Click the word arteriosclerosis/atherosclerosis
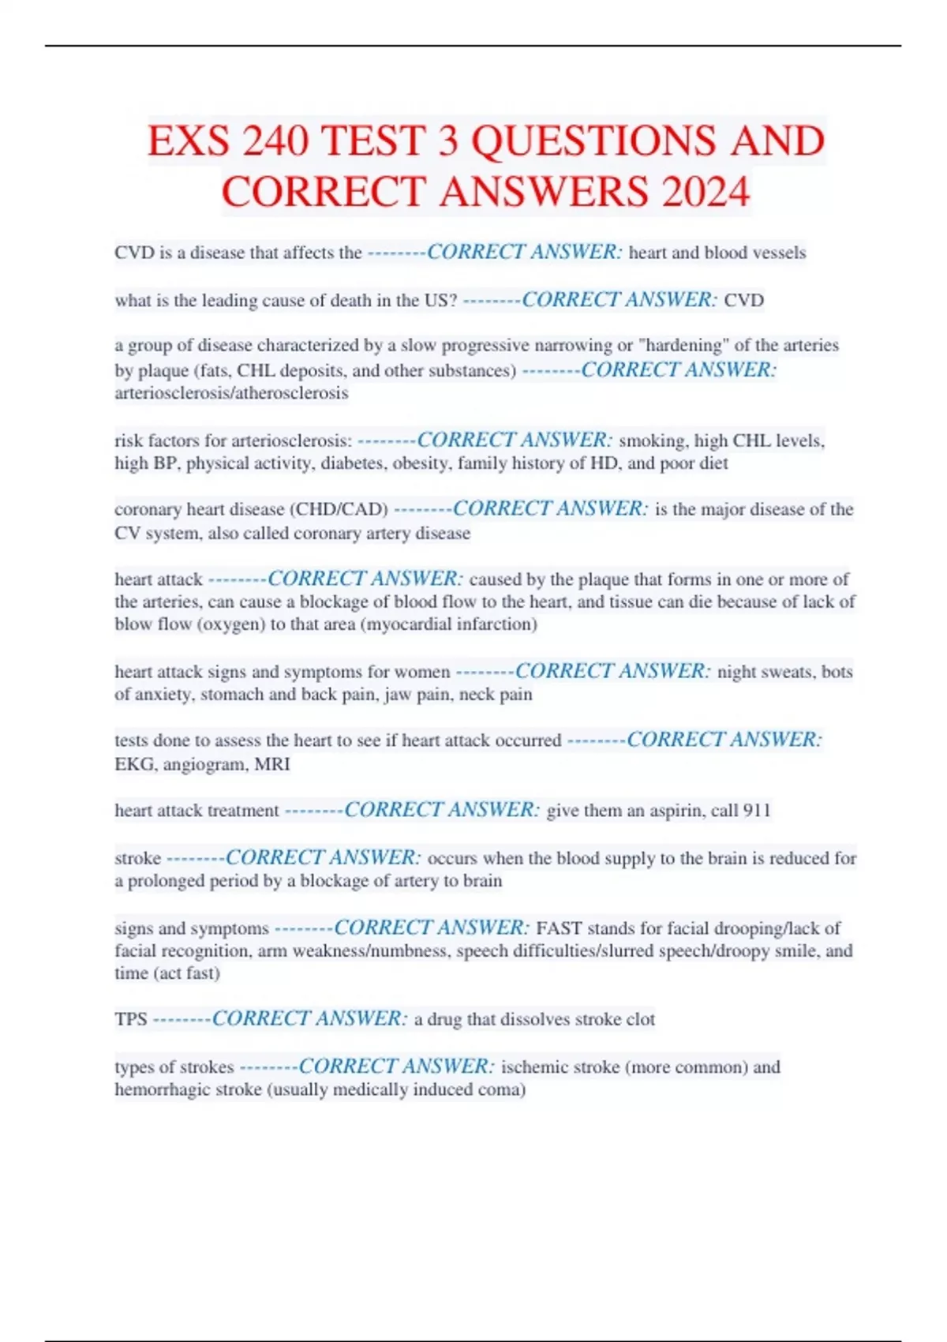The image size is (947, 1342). (231, 393)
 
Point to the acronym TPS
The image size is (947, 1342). (131, 1019)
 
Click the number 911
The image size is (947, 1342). (756, 811)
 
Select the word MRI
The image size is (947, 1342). (272, 764)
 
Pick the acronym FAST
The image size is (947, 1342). (559, 928)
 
